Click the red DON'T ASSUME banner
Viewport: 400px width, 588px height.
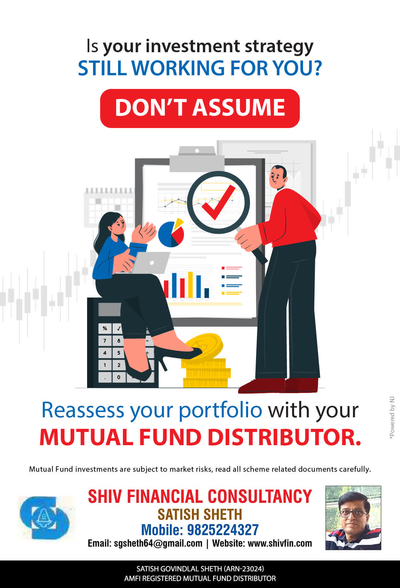(x=200, y=108)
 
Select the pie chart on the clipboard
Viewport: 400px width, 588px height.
(x=172, y=233)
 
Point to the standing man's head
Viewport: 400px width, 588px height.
(x=278, y=177)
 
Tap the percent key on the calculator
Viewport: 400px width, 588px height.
(x=105, y=329)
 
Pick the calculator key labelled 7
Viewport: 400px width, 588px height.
(x=105, y=341)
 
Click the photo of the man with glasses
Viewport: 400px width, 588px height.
(x=353, y=518)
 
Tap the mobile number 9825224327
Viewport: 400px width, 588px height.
(x=223, y=530)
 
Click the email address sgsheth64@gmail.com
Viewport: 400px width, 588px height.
(x=158, y=543)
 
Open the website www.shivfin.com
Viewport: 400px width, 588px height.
(x=280, y=543)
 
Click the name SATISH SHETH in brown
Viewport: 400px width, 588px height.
(x=200, y=514)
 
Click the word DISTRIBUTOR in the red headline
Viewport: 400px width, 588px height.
(x=284, y=437)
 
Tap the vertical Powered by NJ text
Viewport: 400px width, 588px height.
(x=392, y=418)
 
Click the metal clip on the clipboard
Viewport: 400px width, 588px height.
(x=197, y=159)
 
